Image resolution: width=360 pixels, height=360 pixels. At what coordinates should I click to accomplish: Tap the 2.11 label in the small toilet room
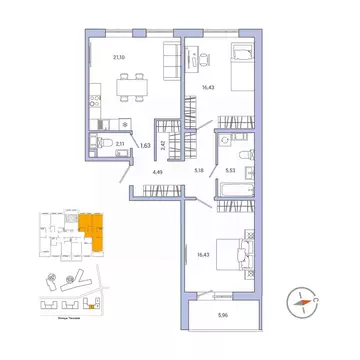point(119,146)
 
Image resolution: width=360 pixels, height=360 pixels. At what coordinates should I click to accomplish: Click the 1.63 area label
point(145,146)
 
